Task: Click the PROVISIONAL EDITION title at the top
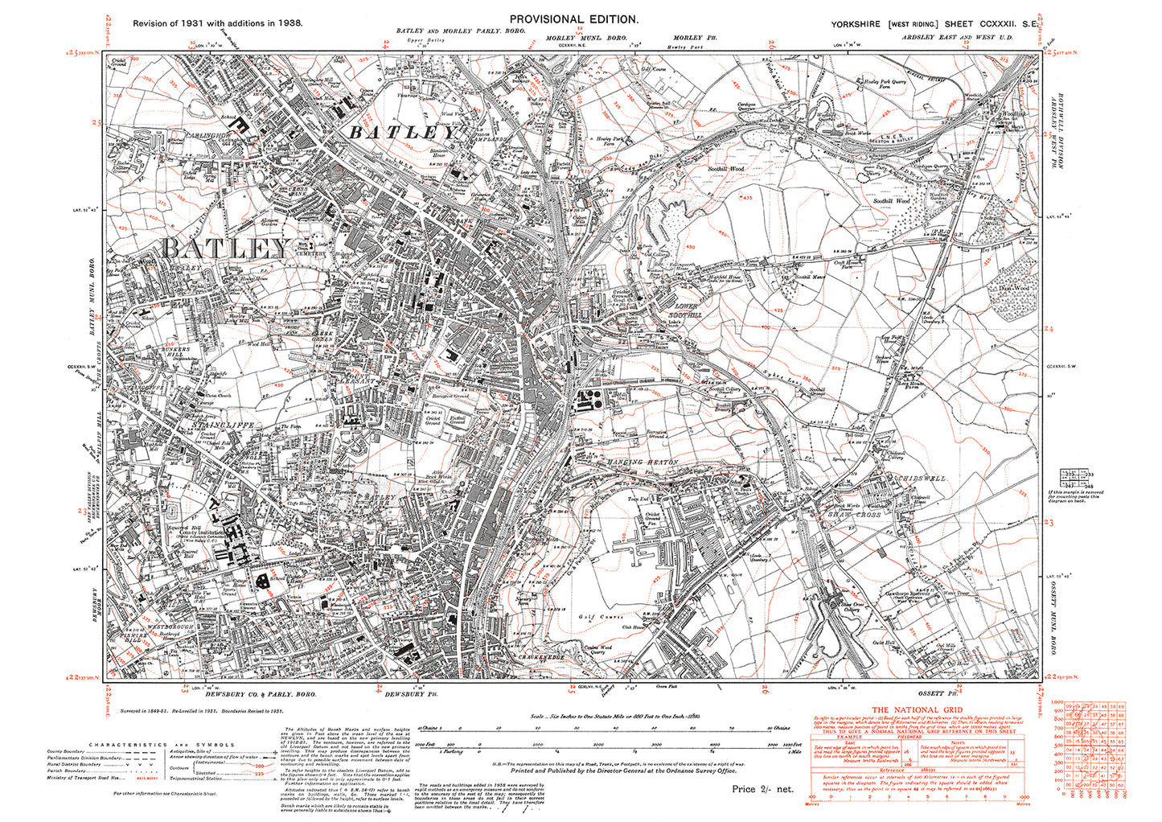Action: [573, 19]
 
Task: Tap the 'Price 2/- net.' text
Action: [762, 789]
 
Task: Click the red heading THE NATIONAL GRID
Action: [916, 710]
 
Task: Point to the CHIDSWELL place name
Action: [922, 479]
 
